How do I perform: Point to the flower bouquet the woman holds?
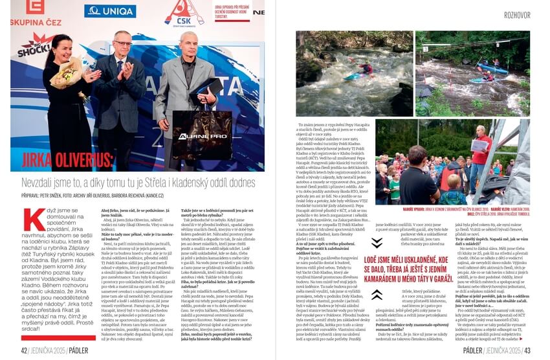coord(65,73)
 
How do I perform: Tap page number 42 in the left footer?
coord(23,350)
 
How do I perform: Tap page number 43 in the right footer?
coord(527,350)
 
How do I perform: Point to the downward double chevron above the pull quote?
coord(377,243)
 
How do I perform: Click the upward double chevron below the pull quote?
coord(377,295)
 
